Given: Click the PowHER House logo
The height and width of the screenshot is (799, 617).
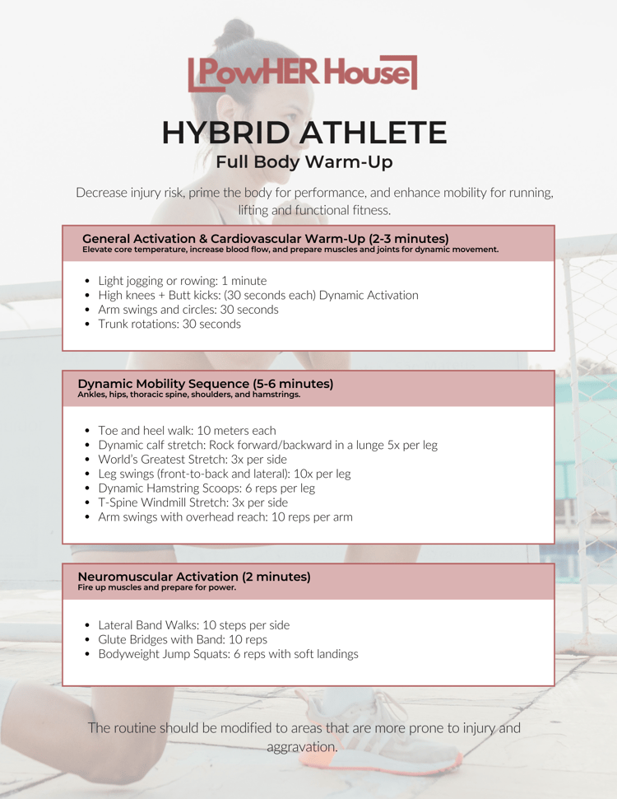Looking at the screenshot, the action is tap(303, 72).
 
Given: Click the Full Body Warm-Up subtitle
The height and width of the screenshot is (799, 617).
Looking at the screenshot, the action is tap(304, 162).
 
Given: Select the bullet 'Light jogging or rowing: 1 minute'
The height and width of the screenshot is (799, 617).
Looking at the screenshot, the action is tap(183, 281).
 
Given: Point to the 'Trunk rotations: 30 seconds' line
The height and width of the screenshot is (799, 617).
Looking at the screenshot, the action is tap(169, 324).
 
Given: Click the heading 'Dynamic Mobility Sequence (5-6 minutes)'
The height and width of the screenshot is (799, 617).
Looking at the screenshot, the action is tap(206, 384).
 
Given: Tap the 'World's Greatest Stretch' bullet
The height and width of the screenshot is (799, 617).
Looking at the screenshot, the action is tap(193, 459).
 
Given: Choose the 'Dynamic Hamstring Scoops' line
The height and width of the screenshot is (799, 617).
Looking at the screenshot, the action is tap(206, 488).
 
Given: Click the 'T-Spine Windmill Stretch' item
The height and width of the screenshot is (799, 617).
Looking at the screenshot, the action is tap(193, 502).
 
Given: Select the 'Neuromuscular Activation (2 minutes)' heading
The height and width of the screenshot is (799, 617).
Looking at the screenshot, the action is tap(194, 577).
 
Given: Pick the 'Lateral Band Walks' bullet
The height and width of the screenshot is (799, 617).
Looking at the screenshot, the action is tap(194, 625).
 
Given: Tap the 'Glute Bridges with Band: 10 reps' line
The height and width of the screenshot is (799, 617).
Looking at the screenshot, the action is tap(183, 639).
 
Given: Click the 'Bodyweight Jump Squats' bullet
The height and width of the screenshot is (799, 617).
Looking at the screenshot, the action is tap(228, 654).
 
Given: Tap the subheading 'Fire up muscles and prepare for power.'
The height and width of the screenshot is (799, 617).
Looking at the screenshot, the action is tap(157, 587).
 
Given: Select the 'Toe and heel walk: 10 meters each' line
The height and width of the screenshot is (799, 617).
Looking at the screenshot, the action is tap(188, 431).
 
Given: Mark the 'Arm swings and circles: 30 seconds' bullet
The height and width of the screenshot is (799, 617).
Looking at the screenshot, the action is tap(188, 310).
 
